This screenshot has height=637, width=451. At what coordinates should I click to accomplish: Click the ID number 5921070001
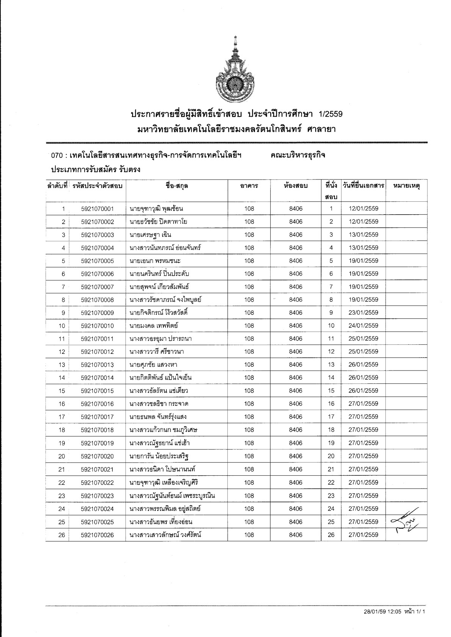click(x=97, y=209)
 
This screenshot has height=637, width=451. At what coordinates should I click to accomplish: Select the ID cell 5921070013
click(x=97, y=364)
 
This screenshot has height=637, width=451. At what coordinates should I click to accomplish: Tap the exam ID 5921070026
click(x=97, y=535)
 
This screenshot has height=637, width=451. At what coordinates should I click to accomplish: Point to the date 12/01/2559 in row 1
click(x=363, y=209)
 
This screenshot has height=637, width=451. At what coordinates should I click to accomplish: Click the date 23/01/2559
click(x=363, y=313)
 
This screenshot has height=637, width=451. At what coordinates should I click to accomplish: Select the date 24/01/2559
click(x=363, y=326)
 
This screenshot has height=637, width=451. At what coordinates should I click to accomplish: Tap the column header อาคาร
click(x=249, y=186)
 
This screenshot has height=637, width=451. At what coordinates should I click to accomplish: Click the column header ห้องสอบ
click(x=296, y=186)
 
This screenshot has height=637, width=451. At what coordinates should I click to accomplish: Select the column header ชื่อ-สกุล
click(x=177, y=186)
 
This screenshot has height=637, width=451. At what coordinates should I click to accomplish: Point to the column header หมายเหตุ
click(x=406, y=186)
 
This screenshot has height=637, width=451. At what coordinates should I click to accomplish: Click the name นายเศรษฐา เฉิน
click(x=150, y=235)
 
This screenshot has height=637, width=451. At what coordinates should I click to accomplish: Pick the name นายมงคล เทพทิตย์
click(x=153, y=326)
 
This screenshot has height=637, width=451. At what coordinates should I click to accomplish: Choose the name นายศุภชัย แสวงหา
click(x=153, y=364)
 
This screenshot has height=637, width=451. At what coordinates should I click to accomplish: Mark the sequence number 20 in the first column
click(x=62, y=456)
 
